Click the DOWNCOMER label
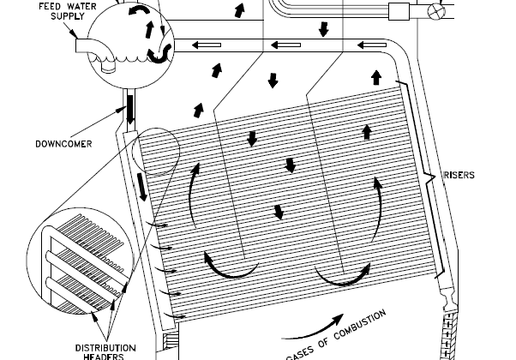(x=63, y=144)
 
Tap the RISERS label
(x=459, y=175)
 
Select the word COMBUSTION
(x=360, y=325)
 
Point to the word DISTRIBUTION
(x=105, y=348)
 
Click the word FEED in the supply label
(x=50, y=6)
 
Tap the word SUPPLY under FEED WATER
(x=68, y=16)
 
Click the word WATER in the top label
(x=81, y=6)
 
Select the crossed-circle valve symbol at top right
(x=436, y=12)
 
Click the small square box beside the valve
(x=399, y=12)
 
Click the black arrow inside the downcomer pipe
(x=130, y=110)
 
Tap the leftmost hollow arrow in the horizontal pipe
(x=207, y=45)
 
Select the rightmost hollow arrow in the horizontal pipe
(x=372, y=45)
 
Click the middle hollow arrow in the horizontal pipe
(x=285, y=45)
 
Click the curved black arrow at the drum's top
(x=139, y=9)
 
